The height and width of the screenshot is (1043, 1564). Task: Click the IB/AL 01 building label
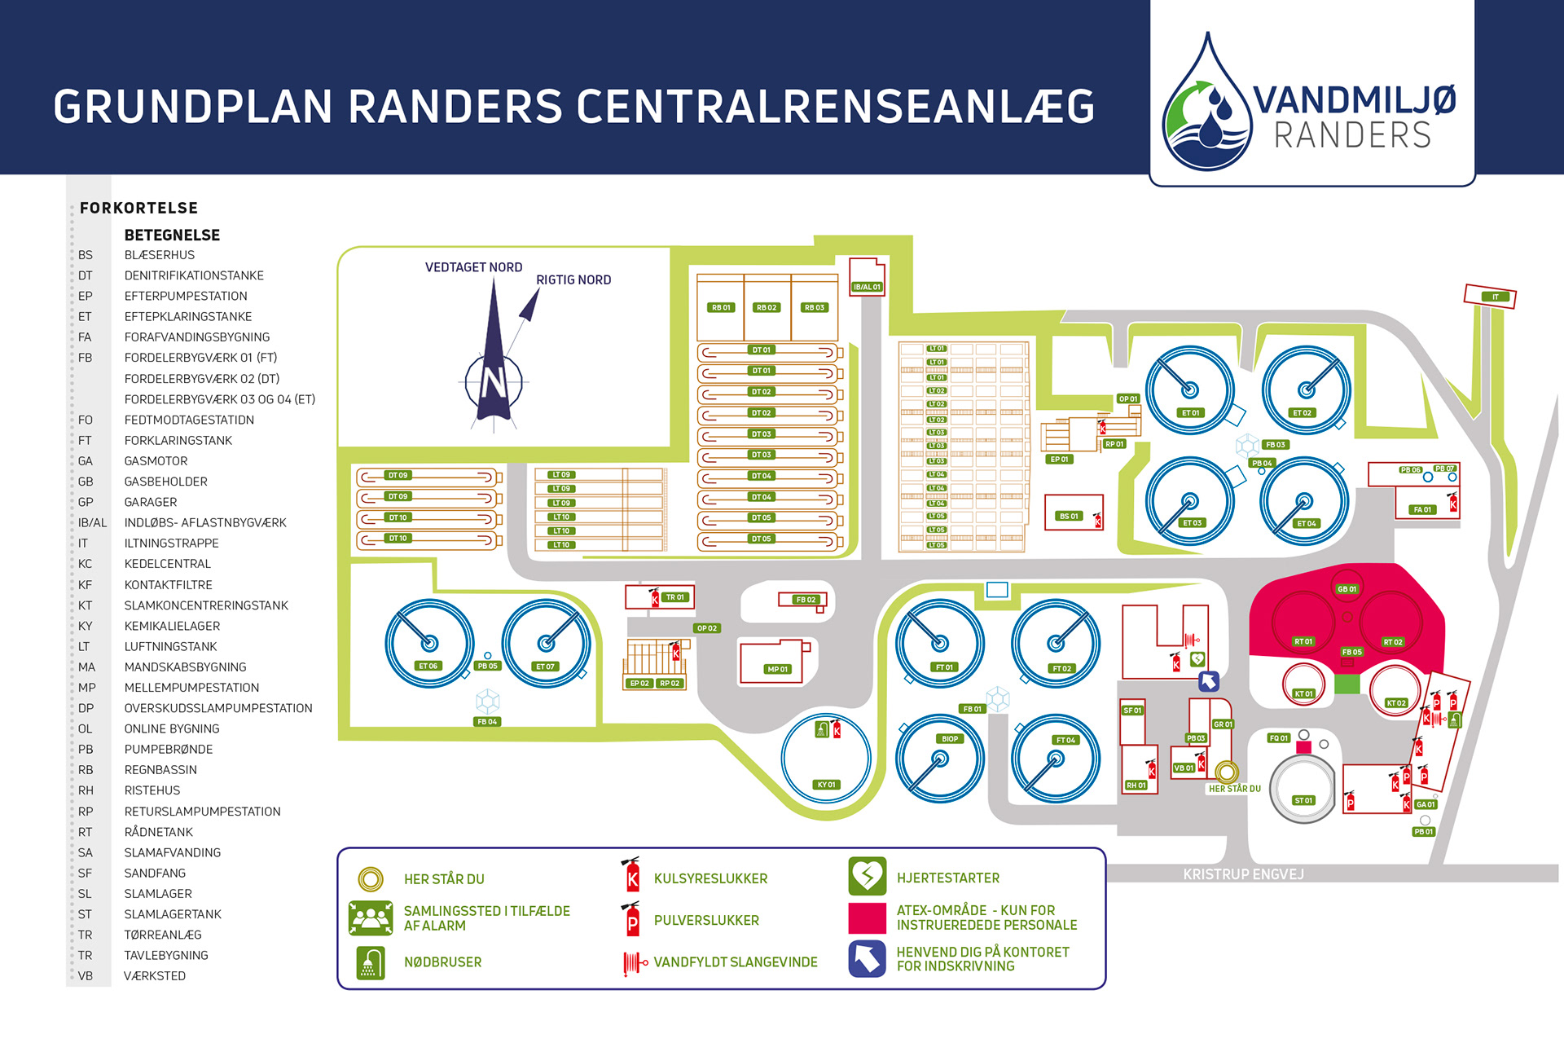click(867, 287)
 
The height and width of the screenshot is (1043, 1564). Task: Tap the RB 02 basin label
click(767, 307)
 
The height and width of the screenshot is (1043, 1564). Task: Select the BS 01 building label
click(1069, 516)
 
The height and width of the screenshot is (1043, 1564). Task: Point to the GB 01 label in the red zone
click(1347, 589)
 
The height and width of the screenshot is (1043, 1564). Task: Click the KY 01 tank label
click(826, 785)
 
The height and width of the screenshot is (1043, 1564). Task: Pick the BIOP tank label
click(950, 739)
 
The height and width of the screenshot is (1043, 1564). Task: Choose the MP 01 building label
click(778, 669)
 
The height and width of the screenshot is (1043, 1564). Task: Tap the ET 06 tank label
click(428, 666)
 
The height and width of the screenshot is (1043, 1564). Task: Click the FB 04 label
click(487, 721)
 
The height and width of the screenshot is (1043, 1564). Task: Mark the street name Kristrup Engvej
click(1243, 874)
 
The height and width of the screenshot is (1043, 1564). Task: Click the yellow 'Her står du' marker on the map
click(1227, 771)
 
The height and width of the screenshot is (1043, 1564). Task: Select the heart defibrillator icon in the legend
click(867, 877)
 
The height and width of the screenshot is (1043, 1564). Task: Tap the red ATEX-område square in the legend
click(867, 918)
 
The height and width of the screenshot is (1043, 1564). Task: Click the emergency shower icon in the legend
click(371, 962)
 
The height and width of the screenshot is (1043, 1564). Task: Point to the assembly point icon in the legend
click(371, 918)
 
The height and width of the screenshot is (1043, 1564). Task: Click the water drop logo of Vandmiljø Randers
click(1206, 106)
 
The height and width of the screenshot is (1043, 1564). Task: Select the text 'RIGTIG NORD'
click(573, 279)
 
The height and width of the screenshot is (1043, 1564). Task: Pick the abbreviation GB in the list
click(86, 482)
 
